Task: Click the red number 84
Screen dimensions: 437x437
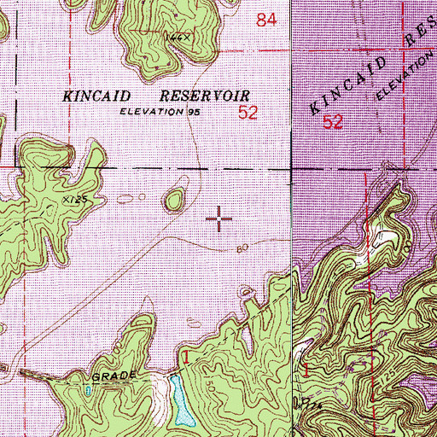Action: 266,20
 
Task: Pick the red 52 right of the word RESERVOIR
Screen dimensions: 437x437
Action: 248,112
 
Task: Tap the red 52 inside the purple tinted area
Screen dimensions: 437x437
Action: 333,122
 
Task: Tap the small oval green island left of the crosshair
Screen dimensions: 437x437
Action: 175,201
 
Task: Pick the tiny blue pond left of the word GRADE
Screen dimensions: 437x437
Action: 89,390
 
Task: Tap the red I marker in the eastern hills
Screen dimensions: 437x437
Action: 307,370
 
